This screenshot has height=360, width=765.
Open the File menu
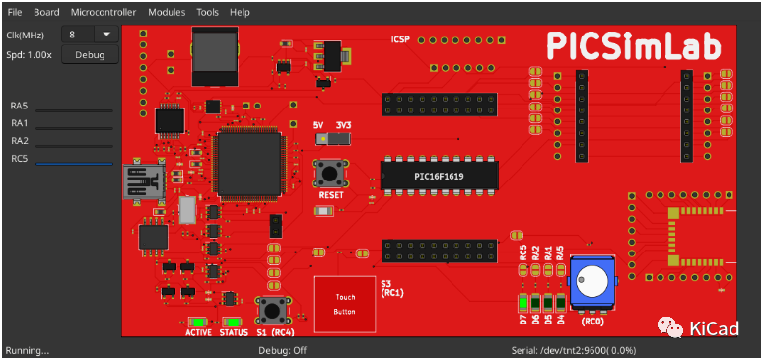[14, 12]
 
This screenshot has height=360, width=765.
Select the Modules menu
[167, 12]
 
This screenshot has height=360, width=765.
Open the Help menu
[240, 12]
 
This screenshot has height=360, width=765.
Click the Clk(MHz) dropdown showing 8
[90, 34]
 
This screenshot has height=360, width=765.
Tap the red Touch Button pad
[345, 303]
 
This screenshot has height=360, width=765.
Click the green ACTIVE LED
[197, 322]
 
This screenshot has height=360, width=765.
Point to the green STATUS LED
[233, 322]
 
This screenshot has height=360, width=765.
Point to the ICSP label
[400, 40]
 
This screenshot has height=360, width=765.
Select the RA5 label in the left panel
[20, 106]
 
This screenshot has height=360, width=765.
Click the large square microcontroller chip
[246, 164]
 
